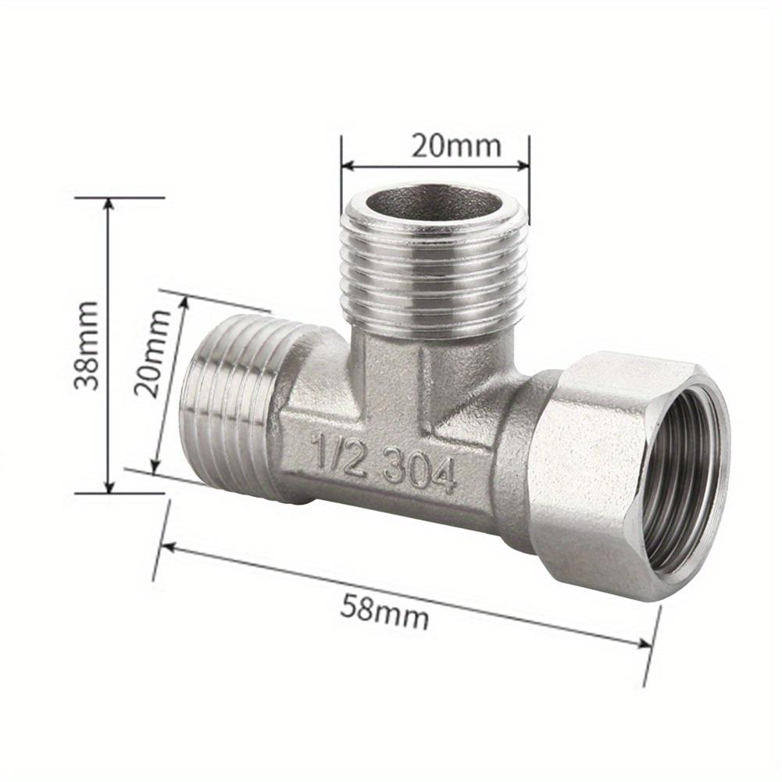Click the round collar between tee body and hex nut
pyautogui.click(x=520, y=461)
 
